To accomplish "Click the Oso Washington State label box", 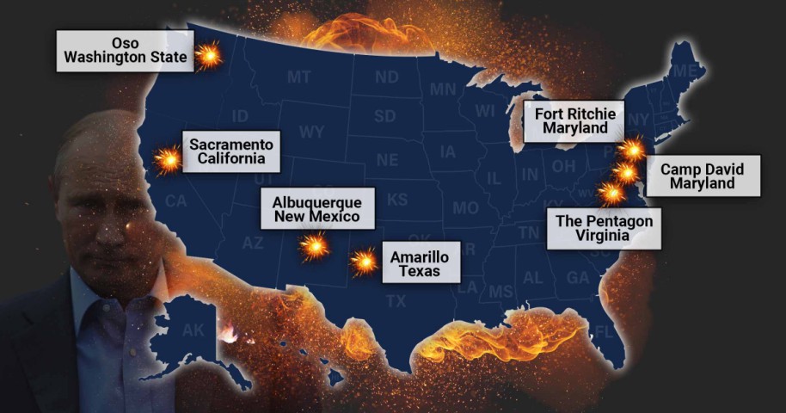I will pos(125,52).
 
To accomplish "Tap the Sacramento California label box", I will pos(230,151).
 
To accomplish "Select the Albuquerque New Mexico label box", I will pos(316,208).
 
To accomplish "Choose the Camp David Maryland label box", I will pos(703,176).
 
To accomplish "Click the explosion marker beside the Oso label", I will pos(208,57).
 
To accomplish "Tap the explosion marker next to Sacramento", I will pos(168,159).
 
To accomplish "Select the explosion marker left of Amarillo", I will pos(365,261).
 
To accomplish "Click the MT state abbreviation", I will pos(299,77).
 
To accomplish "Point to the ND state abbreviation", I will pos(386,77).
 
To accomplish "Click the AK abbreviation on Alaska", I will pos(194,330).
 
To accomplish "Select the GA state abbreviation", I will pos(578,278).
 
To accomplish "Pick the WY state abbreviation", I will pos(310,133).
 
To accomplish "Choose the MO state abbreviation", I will pos(465,208).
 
